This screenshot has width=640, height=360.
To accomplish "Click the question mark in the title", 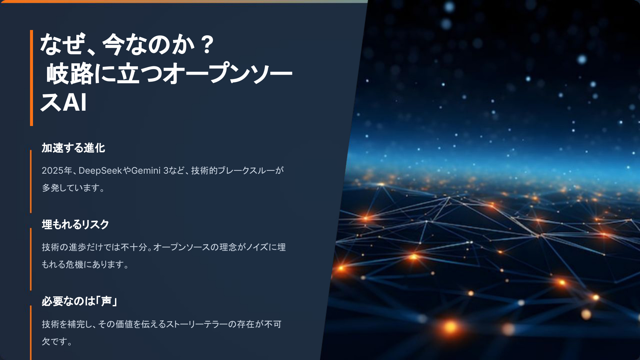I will [207, 45].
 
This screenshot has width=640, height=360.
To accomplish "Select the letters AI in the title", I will [75, 102].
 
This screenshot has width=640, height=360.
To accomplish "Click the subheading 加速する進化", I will [73, 148].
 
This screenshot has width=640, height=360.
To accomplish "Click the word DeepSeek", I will [100, 171].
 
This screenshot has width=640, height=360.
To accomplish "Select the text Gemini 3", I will [150, 171].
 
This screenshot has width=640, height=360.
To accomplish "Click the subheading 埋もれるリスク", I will [75, 225].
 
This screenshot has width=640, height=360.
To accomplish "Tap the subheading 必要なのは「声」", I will [79, 301].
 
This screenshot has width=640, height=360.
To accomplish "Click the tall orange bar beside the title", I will [32, 78].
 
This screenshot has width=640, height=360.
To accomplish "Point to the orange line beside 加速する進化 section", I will [31, 181].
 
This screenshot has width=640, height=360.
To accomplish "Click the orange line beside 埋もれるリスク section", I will [31, 259].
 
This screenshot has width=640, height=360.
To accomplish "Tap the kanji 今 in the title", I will [113, 45].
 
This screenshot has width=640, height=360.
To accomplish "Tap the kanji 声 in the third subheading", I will [106, 301].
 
